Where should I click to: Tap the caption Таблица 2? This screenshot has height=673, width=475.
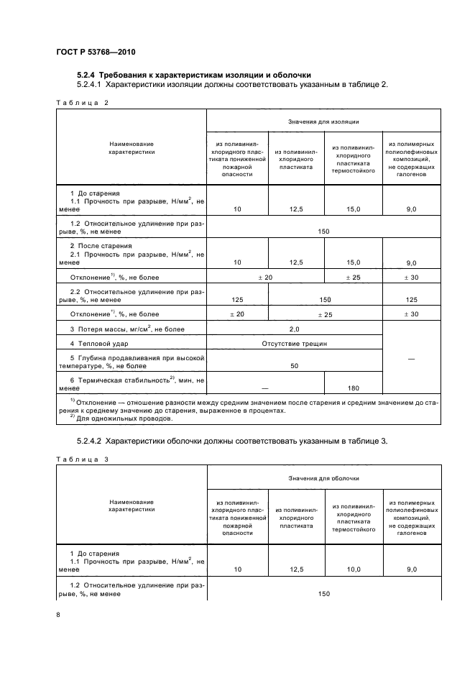click(81, 103)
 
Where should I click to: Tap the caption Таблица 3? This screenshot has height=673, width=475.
click(81, 459)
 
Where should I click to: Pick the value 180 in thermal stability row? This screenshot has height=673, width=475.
click(353, 388)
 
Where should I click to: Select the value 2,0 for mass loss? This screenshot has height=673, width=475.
click(294, 329)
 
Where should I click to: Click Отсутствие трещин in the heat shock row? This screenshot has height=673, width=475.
click(294, 344)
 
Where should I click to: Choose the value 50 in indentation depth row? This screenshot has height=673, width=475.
click(294, 365)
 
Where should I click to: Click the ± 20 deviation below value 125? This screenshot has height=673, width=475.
click(236, 314)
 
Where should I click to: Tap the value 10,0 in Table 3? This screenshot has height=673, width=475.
click(353, 568)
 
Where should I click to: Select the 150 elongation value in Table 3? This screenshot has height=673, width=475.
click(323, 594)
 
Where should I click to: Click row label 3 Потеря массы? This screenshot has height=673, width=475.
click(127, 329)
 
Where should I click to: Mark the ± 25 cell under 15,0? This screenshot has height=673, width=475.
click(353, 277)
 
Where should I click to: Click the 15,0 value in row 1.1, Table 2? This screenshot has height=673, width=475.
click(353, 209)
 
